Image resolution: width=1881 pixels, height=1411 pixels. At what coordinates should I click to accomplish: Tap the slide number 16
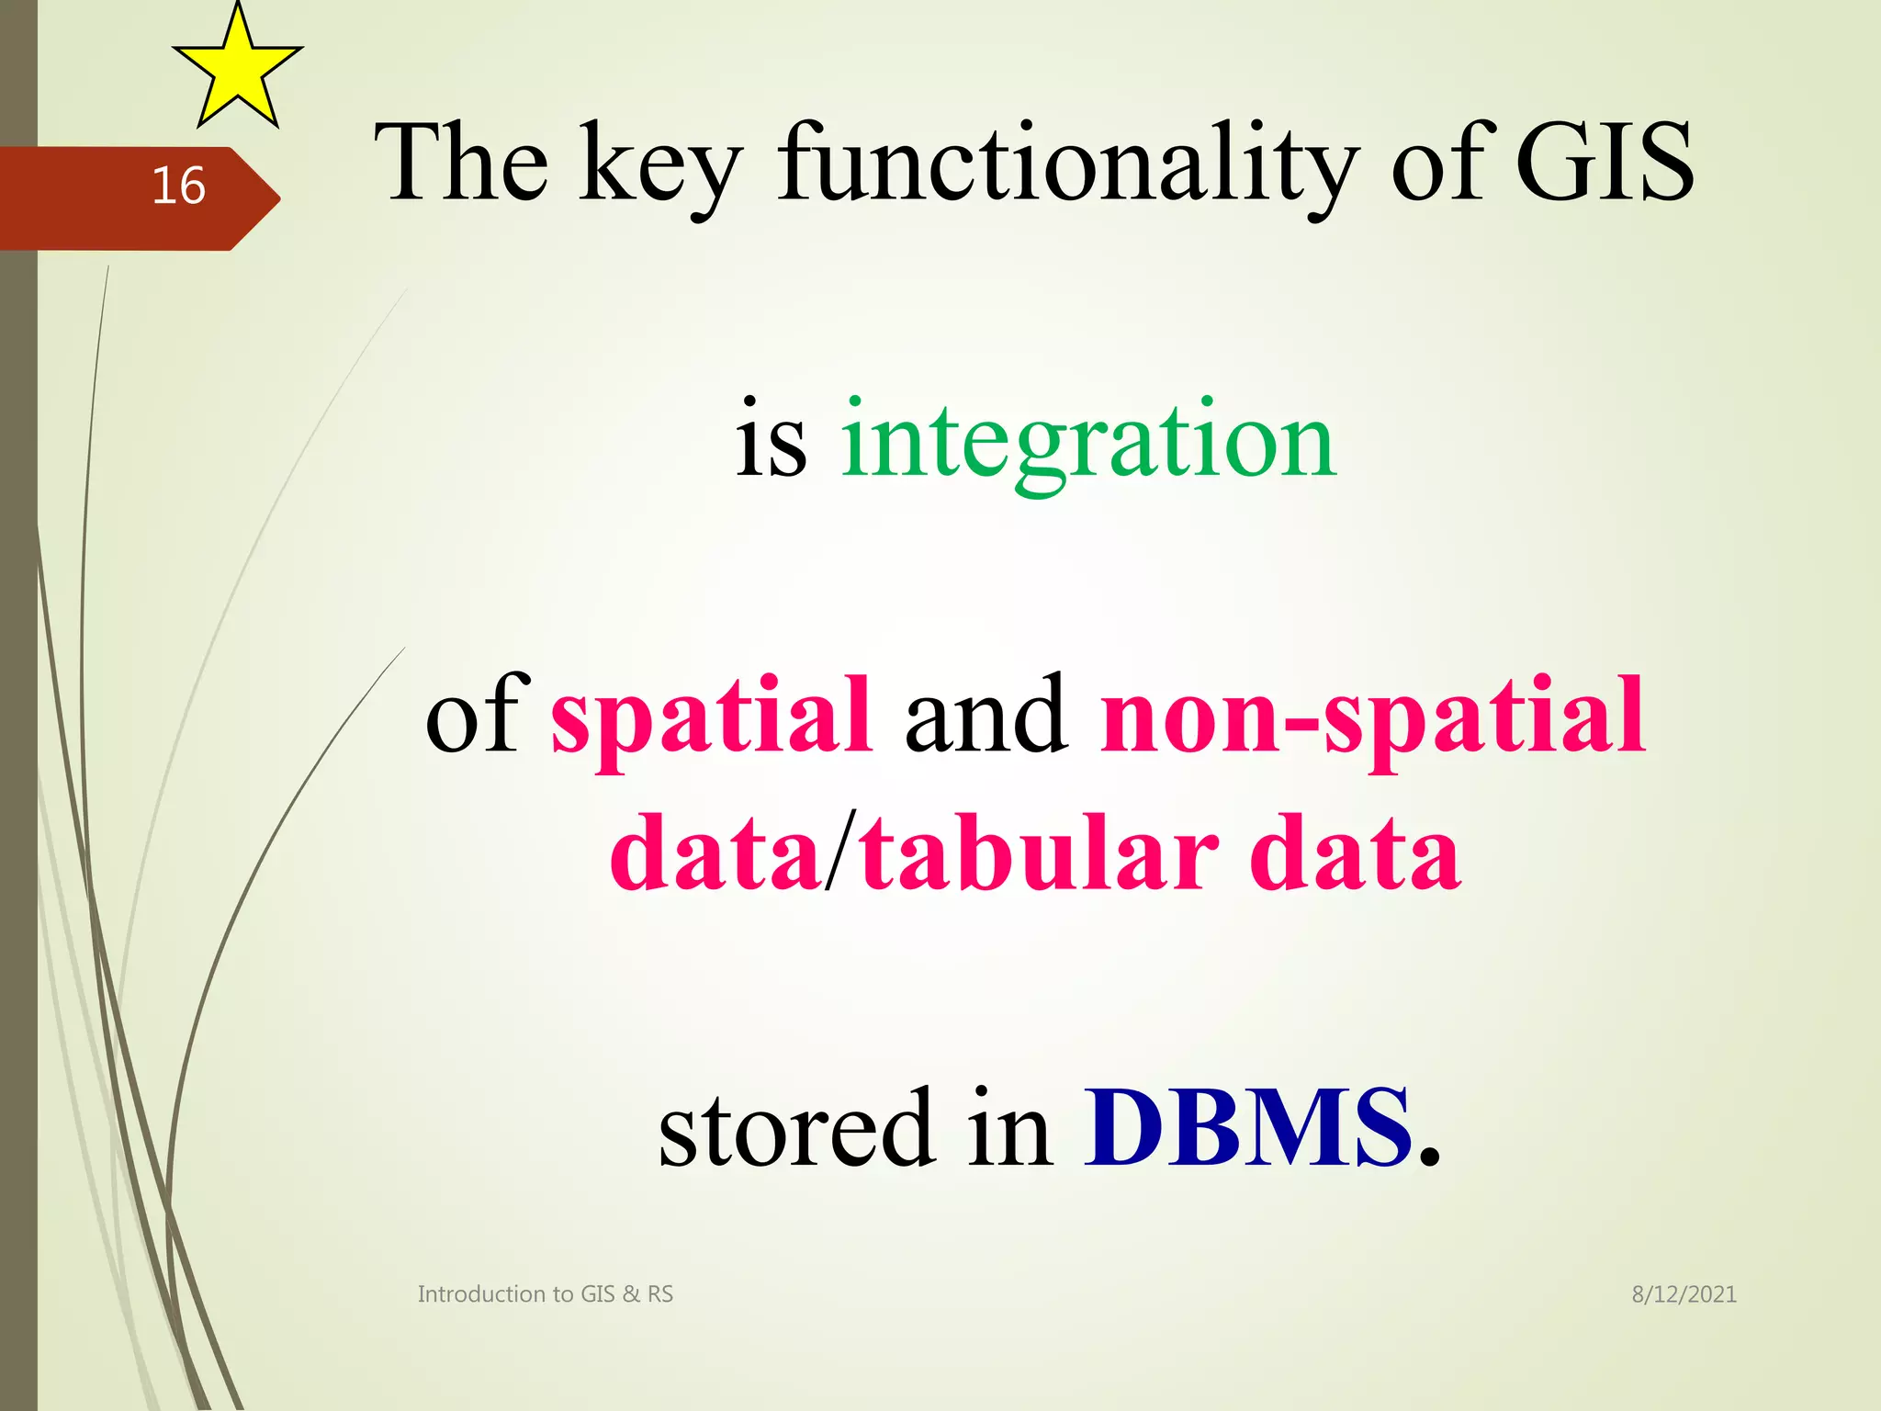pyautogui.click(x=178, y=186)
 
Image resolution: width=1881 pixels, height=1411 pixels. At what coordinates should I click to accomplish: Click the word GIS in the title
pyautogui.click(x=1604, y=164)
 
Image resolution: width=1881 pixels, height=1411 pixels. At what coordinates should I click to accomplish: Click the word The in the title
pyautogui.click(x=461, y=164)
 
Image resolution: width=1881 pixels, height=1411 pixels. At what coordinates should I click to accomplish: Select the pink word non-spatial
pyautogui.click(x=1372, y=717)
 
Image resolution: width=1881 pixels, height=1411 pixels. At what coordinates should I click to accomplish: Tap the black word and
pyautogui.click(x=986, y=715)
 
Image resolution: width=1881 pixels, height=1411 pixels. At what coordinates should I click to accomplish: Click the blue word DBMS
pyautogui.click(x=1247, y=1128)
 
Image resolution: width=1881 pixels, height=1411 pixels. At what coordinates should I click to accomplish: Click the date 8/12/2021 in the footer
pyautogui.click(x=1684, y=1294)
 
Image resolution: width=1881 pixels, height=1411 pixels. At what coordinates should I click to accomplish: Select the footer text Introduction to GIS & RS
pyautogui.click(x=545, y=1294)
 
